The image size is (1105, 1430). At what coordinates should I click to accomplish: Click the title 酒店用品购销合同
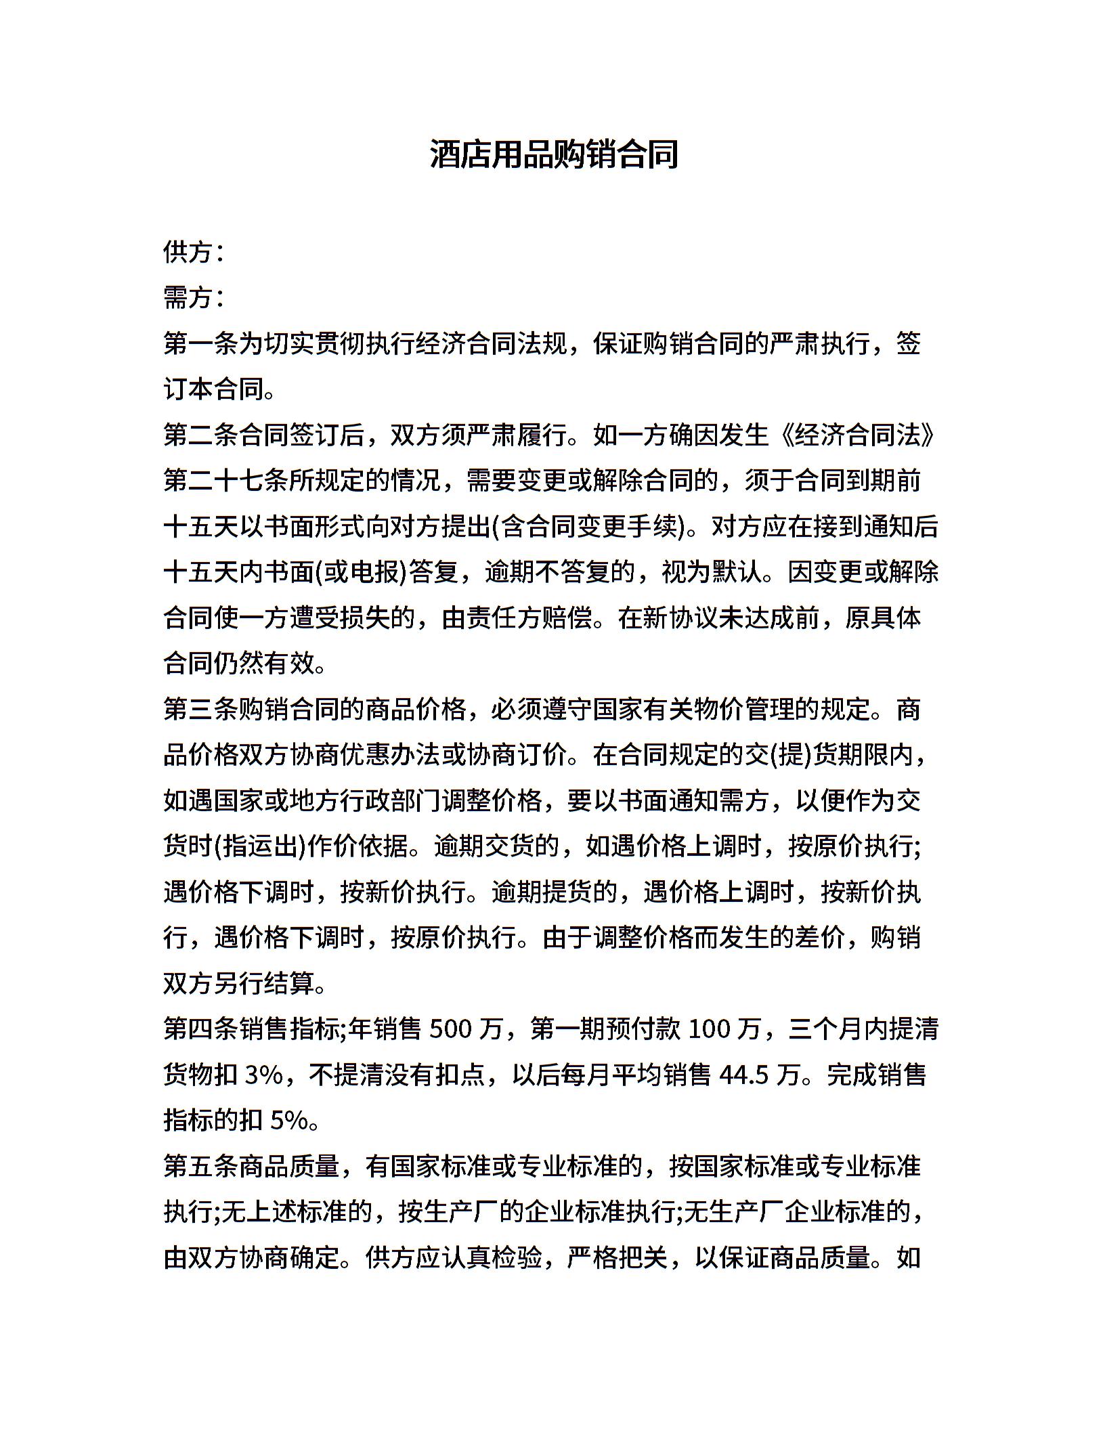point(553,155)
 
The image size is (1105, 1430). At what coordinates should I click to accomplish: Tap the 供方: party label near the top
point(193,252)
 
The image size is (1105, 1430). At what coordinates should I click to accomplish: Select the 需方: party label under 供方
point(193,297)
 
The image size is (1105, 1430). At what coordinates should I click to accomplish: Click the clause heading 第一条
point(201,343)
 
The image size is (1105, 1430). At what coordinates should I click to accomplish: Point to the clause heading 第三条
point(201,709)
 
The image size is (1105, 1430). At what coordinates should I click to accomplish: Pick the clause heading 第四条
point(201,1028)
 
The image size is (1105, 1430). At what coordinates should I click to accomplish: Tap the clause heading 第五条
point(201,1166)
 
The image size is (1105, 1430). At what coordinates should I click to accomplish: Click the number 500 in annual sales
point(450,1028)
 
